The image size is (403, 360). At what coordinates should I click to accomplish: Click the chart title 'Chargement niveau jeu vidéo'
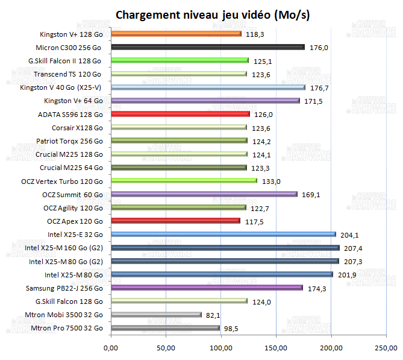pyautogui.click(x=212, y=14)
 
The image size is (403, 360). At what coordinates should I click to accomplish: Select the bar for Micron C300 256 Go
pyautogui.click(x=207, y=47)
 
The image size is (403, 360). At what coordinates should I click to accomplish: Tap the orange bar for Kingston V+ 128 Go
pyautogui.click(x=176, y=34)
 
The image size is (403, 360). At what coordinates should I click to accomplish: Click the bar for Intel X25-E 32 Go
pyautogui.click(x=223, y=235)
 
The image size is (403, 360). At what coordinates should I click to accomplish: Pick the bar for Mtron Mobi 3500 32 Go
pyautogui.click(x=156, y=315)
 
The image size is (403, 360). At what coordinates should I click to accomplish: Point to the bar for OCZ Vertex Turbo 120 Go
pyautogui.click(x=184, y=181)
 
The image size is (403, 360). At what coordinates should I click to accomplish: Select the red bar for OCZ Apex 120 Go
pyautogui.click(x=175, y=221)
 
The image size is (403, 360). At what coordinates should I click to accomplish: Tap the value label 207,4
pyautogui.click(x=355, y=248)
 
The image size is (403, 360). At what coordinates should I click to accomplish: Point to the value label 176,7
pyautogui.click(x=322, y=88)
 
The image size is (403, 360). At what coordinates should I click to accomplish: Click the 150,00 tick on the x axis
pyautogui.click(x=276, y=348)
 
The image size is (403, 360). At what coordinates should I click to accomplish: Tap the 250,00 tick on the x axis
pyautogui.click(x=386, y=348)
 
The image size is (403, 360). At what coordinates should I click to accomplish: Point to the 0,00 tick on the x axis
pyautogui.click(x=111, y=348)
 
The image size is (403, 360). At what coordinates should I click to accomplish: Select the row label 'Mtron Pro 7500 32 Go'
pyautogui.click(x=66, y=328)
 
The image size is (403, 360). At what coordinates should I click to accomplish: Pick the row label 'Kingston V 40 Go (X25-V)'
pyautogui.click(x=61, y=87)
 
